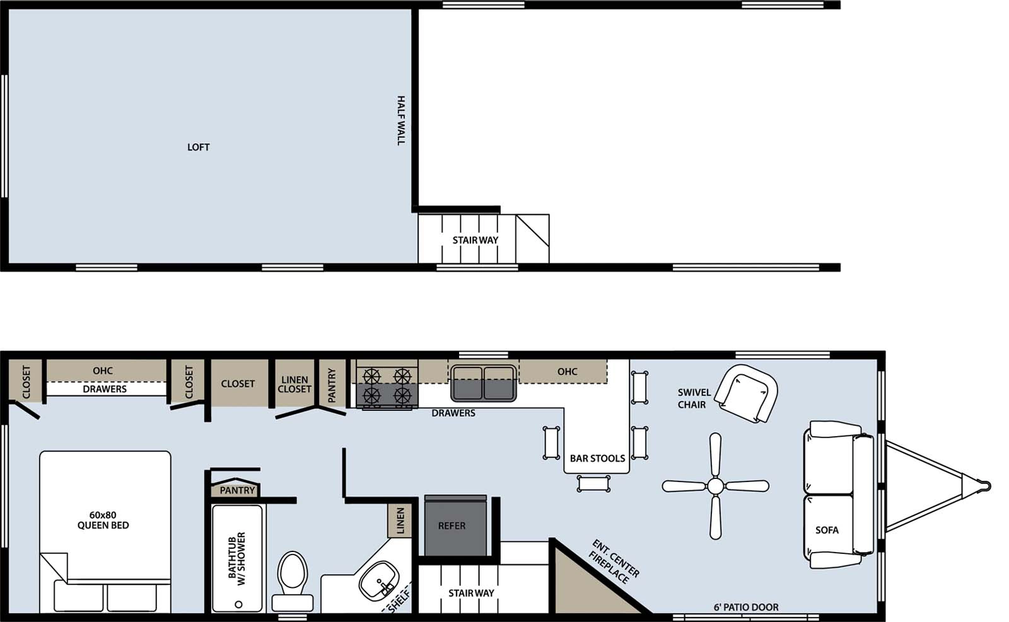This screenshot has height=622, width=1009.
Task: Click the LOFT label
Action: tap(198, 147)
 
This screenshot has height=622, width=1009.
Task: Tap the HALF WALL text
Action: tap(400, 120)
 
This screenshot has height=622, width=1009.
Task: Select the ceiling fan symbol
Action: tap(715, 486)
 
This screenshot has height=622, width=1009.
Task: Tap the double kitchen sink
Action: tap(483, 383)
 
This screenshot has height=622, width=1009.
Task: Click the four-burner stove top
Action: tap(387, 386)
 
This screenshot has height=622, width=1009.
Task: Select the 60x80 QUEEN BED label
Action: tap(103, 520)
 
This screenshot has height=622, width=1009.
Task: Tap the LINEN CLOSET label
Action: tap(295, 384)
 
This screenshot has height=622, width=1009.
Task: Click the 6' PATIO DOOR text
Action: tap(746, 607)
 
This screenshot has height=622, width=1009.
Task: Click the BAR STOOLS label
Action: tap(597, 458)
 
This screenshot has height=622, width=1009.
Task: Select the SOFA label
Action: tap(827, 530)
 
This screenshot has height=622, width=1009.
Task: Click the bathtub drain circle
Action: tap(238, 604)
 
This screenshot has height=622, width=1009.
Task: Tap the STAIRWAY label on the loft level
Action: tap(475, 240)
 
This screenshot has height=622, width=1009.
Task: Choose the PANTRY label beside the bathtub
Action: tap(237, 490)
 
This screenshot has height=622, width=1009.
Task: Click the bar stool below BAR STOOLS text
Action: tap(593, 483)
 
